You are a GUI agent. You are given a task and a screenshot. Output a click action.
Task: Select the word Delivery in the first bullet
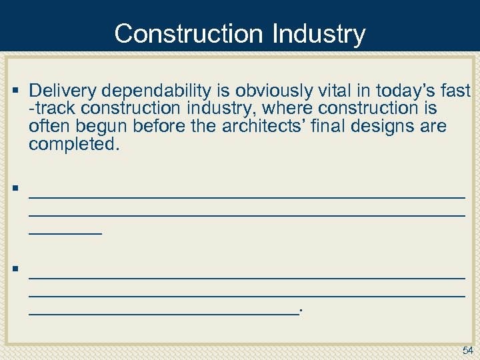(61, 90)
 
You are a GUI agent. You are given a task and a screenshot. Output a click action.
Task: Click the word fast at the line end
(455, 90)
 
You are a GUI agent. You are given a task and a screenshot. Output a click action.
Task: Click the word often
(46, 126)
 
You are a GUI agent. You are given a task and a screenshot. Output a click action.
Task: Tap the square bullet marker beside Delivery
(15, 89)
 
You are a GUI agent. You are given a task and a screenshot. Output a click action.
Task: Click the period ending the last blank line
(301, 310)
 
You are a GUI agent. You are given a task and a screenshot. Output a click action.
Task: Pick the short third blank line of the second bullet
(65, 232)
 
